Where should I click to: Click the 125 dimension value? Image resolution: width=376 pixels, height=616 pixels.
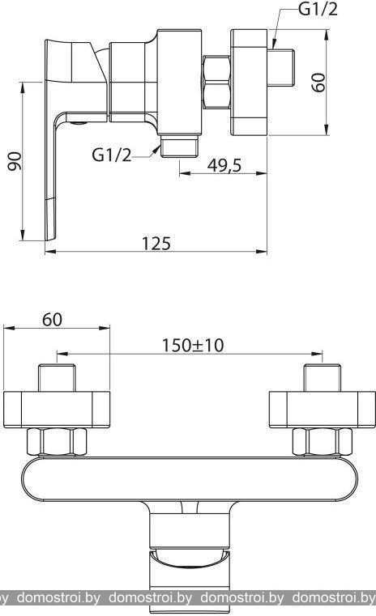coord(156,244)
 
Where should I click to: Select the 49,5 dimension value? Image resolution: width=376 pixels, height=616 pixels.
coord(224,165)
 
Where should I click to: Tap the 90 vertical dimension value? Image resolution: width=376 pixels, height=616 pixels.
coord(15,161)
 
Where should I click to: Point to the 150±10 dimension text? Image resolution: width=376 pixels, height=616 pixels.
coord(193,346)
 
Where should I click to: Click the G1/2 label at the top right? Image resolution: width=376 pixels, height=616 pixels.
coord(318,9)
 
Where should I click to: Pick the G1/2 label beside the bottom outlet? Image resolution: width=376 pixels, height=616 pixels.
coord(112,155)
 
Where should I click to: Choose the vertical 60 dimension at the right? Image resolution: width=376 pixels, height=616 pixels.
coord(318,83)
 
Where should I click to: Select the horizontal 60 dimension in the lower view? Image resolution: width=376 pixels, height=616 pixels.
coord(52,320)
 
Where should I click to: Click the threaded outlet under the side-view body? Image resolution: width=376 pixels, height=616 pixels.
coord(179,147)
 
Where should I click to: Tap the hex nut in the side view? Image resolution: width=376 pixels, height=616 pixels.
coord(216,82)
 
